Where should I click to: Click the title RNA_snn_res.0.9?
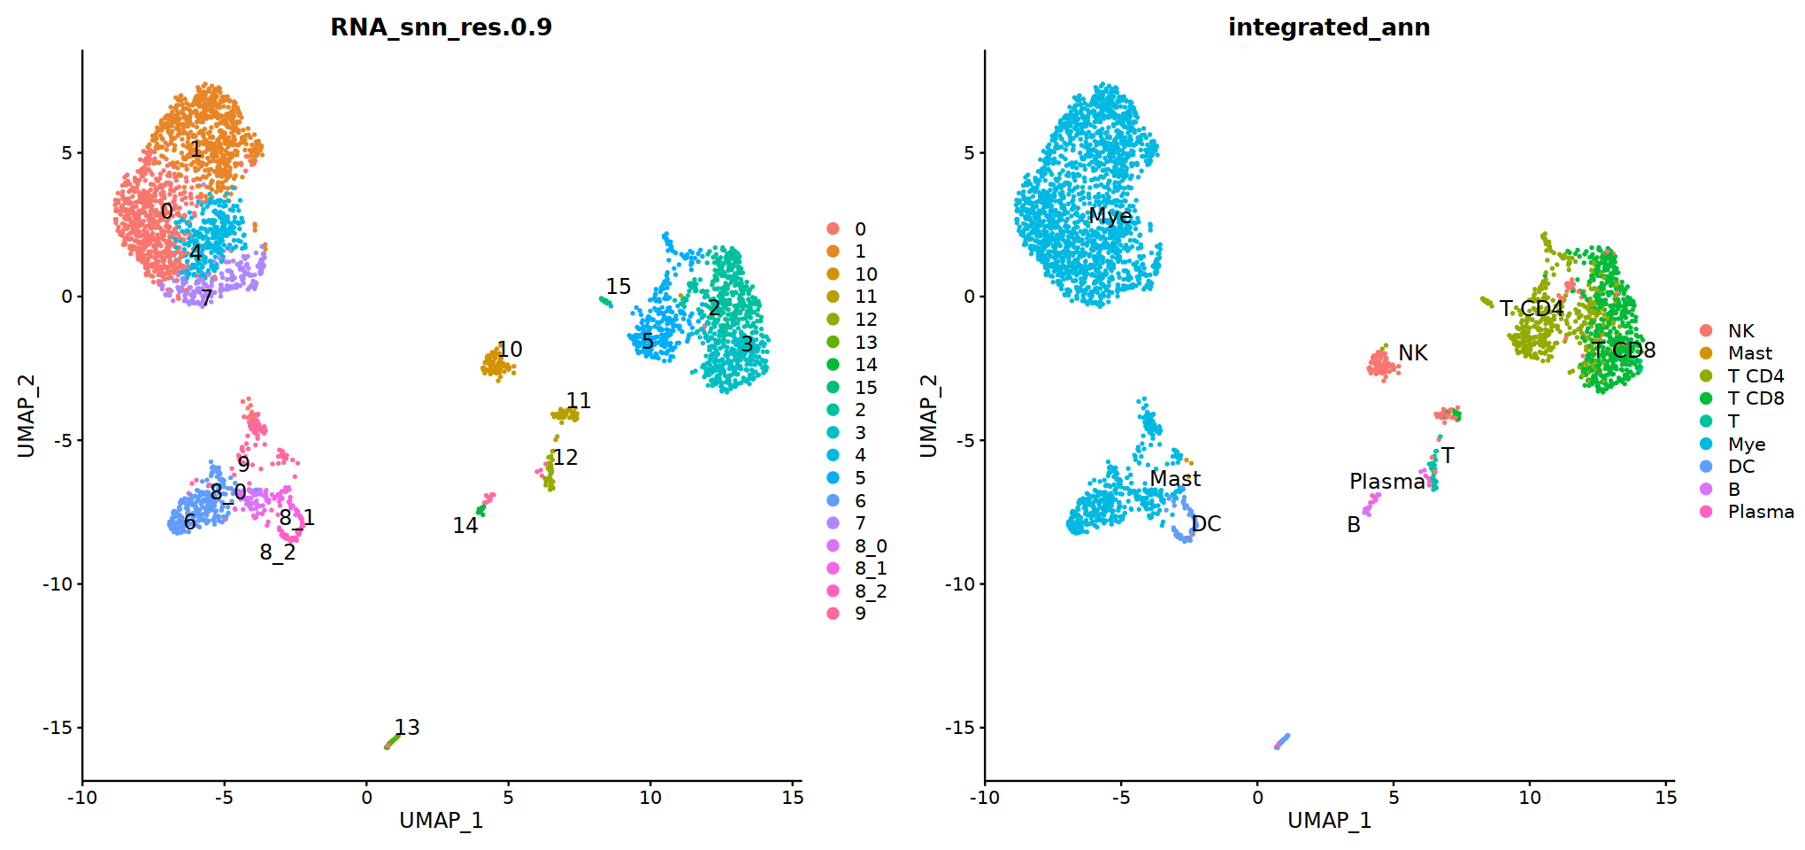(441, 27)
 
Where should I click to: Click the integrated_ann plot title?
(1328, 27)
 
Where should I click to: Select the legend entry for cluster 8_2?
(870, 591)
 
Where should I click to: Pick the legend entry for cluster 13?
(865, 343)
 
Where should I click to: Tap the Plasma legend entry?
(1760, 512)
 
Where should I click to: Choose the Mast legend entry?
(1749, 353)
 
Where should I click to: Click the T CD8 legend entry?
(1755, 398)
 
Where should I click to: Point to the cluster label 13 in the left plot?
(407, 727)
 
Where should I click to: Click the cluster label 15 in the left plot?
(618, 286)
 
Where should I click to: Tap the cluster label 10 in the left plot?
(510, 350)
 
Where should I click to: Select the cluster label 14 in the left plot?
(465, 526)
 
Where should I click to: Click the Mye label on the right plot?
(1110, 216)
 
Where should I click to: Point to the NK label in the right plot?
(1413, 353)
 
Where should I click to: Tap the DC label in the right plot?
(1206, 524)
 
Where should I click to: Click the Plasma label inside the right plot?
(1387, 482)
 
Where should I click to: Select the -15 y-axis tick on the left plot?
(59, 728)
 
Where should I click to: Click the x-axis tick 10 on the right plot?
(1530, 797)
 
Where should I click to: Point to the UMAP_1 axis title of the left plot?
(441, 821)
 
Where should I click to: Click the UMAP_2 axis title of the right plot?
(928, 416)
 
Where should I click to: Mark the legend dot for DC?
(1706, 467)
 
